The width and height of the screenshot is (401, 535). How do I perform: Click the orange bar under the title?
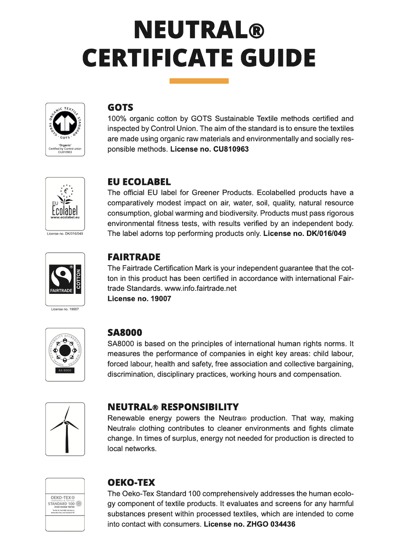click(x=199, y=81)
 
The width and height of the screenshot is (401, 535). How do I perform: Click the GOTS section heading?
click(x=120, y=107)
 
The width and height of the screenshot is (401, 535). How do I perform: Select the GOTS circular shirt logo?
click(x=65, y=123)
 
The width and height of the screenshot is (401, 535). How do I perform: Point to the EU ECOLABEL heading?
click(x=139, y=182)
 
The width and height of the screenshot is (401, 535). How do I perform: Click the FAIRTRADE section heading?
click(x=134, y=257)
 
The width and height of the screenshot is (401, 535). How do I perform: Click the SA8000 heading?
click(x=125, y=333)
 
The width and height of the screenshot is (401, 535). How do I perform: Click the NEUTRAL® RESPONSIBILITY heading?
click(x=173, y=407)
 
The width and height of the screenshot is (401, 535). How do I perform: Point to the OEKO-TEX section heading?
click(x=131, y=482)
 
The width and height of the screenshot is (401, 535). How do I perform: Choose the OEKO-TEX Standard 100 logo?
click(x=65, y=504)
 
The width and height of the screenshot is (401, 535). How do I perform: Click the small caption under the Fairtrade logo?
click(x=65, y=309)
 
